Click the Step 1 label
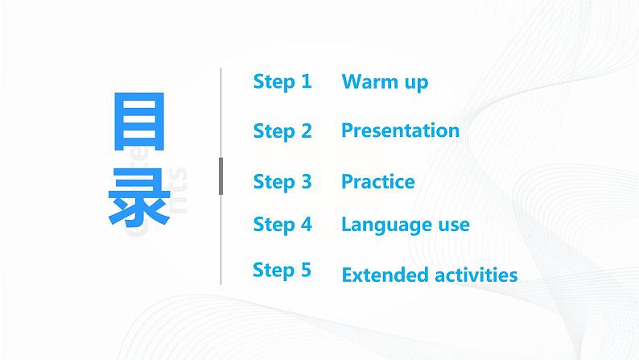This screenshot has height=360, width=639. (x=282, y=81)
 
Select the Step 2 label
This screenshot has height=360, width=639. (x=282, y=130)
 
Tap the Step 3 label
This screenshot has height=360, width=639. (x=282, y=182)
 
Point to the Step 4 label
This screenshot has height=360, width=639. (x=282, y=225)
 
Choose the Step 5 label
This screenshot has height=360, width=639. (x=282, y=270)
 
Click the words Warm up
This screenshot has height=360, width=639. (x=385, y=81)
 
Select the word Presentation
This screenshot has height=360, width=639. (x=400, y=130)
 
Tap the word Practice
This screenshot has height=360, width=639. (x=377, y=182)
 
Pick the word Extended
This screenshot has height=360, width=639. (x=381, y=275)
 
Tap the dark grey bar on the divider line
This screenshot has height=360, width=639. (x=221, y=176)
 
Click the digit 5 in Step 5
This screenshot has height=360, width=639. (x=305, y=270)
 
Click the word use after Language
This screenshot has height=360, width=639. (x=454, y=225)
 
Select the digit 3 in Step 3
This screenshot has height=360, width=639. (x=306, y=182)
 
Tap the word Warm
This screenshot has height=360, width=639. (x=369, y=81)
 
